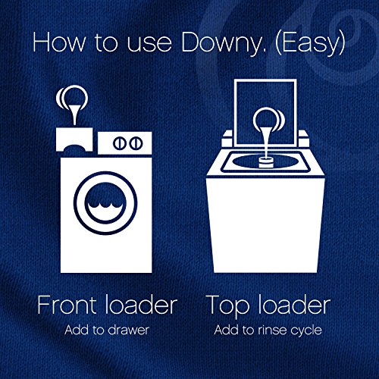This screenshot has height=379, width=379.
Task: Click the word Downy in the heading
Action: pos(224,43)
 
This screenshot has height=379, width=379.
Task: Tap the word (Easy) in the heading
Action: pos(310,43)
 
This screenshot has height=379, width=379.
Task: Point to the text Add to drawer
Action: pos(107,330)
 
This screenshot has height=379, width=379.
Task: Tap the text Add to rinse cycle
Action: pos(268,330)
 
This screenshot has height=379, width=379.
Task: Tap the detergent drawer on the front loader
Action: pos(74,139)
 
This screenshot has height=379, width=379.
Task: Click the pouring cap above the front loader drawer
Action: pos(72,104)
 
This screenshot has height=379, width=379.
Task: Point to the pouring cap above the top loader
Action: pos(269,131)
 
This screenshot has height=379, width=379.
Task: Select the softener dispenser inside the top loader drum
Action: pos(266,162)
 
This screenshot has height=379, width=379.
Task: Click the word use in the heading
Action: pos(149,45)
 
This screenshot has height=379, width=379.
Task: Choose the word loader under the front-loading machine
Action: pos(141,305)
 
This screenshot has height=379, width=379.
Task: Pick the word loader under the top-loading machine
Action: pos(294,305)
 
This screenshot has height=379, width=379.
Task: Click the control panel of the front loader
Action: pos(125,143)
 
